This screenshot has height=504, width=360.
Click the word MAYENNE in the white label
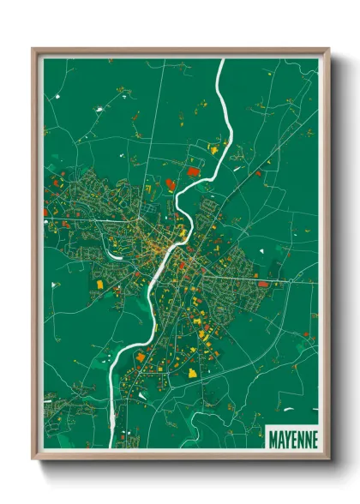(x=292, y=440)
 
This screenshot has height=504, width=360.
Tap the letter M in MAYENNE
(x=273, y=440)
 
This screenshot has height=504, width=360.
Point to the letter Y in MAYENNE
(x=286, y=440)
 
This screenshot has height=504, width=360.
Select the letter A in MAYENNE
(x=279, y=440)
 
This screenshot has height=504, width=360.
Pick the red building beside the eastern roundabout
(x=263, y=283)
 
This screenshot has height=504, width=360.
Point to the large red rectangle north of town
(x=192, y=173)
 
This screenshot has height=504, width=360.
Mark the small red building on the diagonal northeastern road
(x=255, y=173)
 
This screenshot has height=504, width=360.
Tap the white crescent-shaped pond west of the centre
(x=111, y=249)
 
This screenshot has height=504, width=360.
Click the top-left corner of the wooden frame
(x=33, y=49)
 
